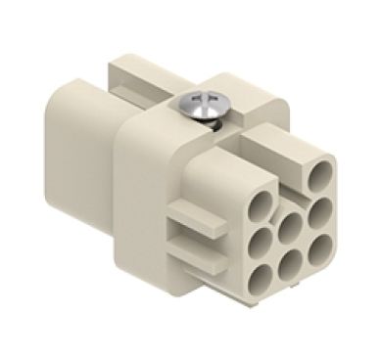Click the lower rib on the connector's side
click(x=192, y=248)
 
